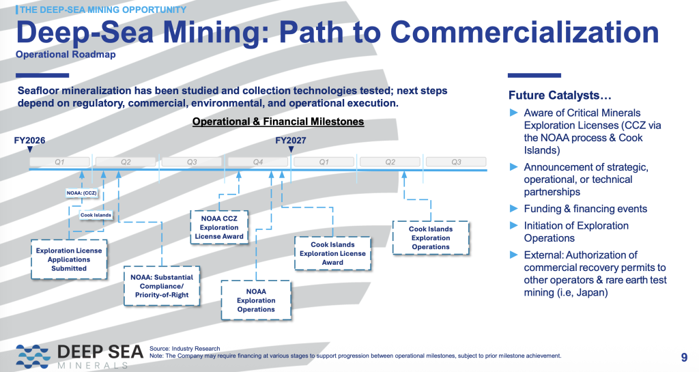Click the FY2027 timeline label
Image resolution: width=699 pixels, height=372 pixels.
tap(290, 140)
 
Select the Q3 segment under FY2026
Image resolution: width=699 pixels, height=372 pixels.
tap(192, 162)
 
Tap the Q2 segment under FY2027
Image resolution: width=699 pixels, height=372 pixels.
tap(390, 162)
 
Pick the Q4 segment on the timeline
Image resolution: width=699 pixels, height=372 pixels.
tap(258, 162)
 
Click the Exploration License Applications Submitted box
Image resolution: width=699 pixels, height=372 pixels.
tap(69, 259)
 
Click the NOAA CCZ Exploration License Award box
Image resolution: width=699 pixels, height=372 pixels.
tap(219, 227)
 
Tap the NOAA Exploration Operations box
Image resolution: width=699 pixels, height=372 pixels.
tap(256, 300)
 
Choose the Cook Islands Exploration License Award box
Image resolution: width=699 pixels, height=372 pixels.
tap(332, 253)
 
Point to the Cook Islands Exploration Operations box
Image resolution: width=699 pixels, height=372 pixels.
tap(431, 238)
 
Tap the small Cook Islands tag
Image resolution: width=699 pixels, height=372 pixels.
tap(95, 215)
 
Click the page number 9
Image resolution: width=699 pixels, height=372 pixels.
tap(684, 357)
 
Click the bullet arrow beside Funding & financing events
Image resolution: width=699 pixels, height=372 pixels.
tap(515, 209)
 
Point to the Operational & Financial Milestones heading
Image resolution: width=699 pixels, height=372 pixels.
tap(278, 121)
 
